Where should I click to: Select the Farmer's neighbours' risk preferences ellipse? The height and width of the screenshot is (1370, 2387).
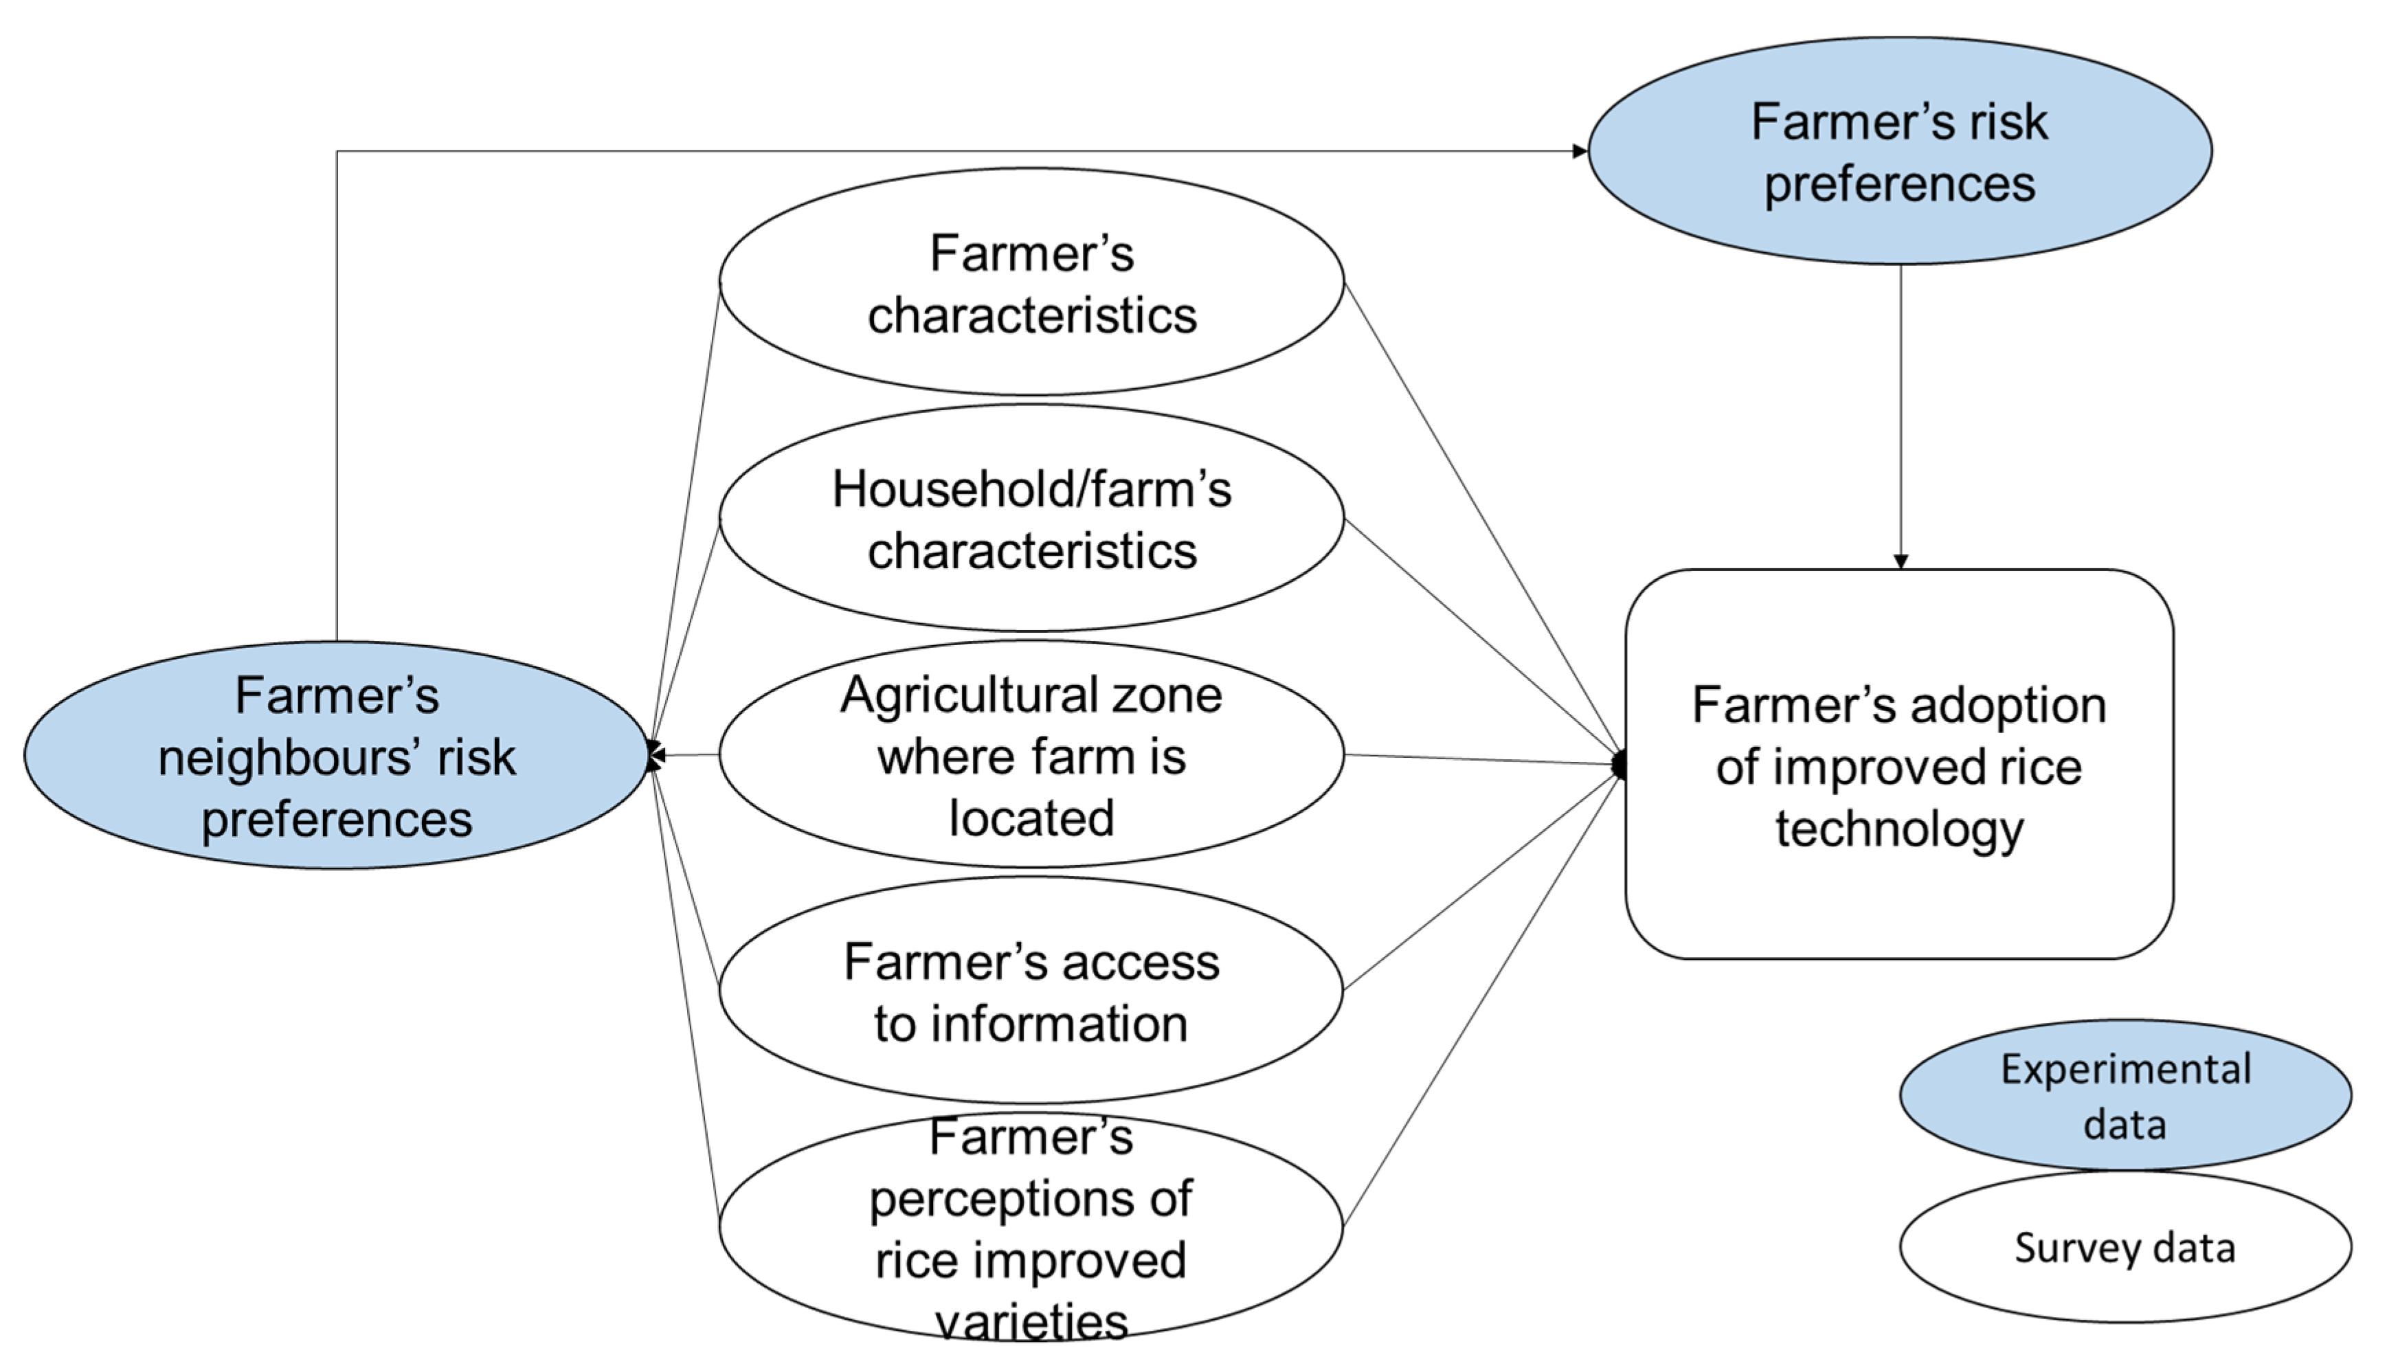click(x=336, y=756)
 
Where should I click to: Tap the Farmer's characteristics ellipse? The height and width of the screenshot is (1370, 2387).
click(x=1031, y=282)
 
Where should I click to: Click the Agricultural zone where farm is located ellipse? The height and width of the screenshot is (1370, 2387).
click(x=1031, y=754)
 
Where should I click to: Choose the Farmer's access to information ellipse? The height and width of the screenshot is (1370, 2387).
click(x=1031, y=991)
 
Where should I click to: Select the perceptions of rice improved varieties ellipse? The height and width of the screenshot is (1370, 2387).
click(x=1031, y=1227)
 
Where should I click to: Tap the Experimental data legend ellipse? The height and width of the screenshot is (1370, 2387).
click(x=2125, y=1095)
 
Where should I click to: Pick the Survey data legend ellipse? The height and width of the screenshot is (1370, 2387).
click(x=2125, y=1247)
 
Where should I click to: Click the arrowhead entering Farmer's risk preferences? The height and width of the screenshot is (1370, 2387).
click(x=1580, y=150)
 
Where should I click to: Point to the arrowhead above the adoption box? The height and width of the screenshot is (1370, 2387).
click(x=1900, y=562)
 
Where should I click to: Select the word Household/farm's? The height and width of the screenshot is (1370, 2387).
click(x=1031, y=489)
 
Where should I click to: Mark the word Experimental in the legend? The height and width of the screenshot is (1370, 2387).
click(x=2125, y=1069)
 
